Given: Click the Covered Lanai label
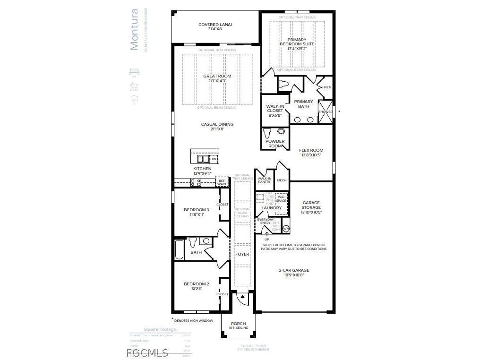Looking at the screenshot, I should [215, 25].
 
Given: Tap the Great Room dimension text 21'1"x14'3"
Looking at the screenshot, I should [217, 81].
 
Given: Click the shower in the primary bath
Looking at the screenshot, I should [326, 111].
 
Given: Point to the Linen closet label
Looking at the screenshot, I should [326, 87].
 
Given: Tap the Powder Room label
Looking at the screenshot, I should [275, 144].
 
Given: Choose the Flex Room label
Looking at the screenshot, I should [311, 150].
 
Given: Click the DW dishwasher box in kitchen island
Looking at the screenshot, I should [213, 159].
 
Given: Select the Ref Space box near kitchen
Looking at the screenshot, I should [222, 182].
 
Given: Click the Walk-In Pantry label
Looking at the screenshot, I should [265, 180].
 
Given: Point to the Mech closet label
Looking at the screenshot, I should [282, 180].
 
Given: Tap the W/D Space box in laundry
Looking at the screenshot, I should [282, 198].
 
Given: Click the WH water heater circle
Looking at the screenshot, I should [285, 229].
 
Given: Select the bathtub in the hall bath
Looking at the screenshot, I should [180, 250].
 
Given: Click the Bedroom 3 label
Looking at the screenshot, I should [196, 210].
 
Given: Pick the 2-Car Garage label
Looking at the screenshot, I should [294, 270].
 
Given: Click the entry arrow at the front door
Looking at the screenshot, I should [242, 297].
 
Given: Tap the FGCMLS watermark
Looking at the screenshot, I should [147, 352].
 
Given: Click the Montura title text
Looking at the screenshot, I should [134, 29].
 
